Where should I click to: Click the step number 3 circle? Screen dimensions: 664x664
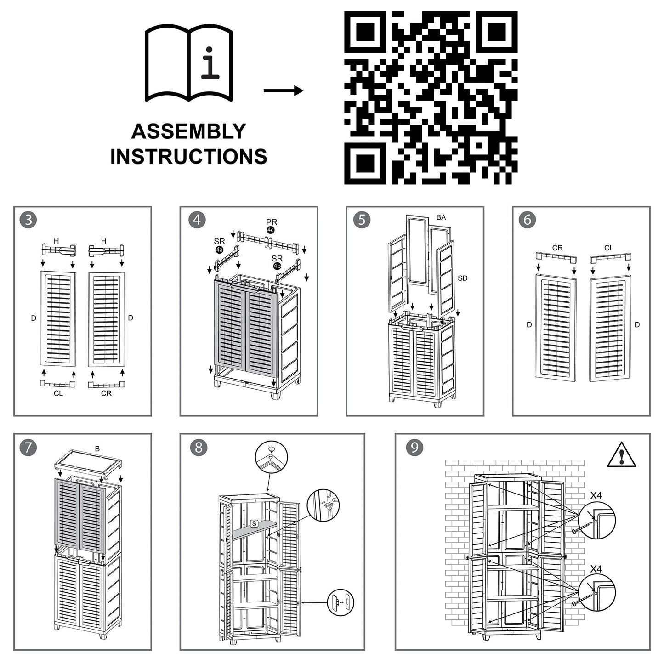point(28,220)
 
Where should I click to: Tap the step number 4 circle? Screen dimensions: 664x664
point(197,220)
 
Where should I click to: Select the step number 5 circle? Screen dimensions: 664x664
point(362,220)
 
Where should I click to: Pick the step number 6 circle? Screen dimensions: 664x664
point(528,220)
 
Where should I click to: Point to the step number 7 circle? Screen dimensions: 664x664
point(28,447)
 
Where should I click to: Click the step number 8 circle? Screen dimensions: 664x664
point(199,447)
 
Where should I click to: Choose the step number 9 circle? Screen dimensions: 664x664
point(414,447)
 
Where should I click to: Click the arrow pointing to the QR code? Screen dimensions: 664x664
point(284,91)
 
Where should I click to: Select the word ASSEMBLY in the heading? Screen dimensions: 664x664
point(188,131)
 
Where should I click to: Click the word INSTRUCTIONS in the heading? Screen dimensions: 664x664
point(188,157)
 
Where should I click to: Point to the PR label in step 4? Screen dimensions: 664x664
point(272,222)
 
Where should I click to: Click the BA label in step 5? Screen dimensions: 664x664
point(441,217)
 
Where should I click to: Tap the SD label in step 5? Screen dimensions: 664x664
point(462,278)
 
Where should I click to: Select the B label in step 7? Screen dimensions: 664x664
point(97,448)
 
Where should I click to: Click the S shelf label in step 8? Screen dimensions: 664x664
point(254,523)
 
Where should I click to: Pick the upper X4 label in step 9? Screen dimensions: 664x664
point(596,496)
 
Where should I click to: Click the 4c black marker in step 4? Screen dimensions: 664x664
point(271,230)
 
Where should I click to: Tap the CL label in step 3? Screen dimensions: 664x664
point(58,393)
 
